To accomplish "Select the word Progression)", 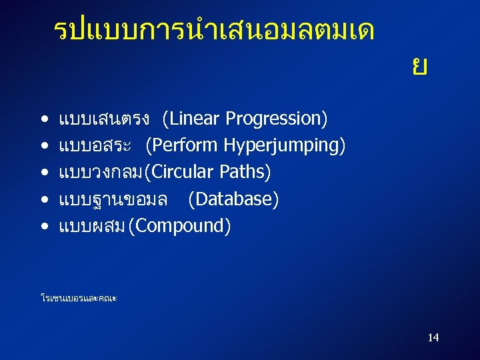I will click(x=277, y=119).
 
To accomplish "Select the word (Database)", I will click(x=233, y=199).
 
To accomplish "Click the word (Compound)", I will click(x=180, y=226).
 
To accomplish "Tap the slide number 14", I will click(x=433, y=337).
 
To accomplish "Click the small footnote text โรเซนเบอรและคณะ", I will click(x=79, y=298).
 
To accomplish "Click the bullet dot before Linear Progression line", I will click(x=43, y=120).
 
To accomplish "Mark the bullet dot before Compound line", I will click(x=43, y=227).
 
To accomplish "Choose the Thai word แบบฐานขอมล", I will click(x=113, y=199).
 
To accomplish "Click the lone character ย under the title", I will click(x=419, y=67).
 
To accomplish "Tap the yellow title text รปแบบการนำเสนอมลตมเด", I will click(x=213, y=30).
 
